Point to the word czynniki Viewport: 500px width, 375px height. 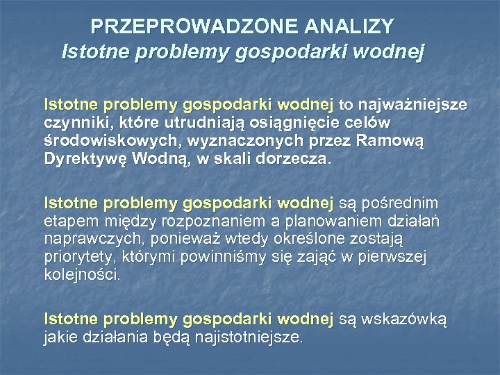pyautogui.click(x=72, y=123)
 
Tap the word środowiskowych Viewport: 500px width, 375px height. pyautogui.click(x=95, y=140)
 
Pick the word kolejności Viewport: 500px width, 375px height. pyautogui.click(x=82, y=275)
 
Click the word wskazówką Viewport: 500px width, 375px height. pyautogui.click(x=406, y=319)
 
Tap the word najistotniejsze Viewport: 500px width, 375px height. pyautogui.click(x=249, y=337)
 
